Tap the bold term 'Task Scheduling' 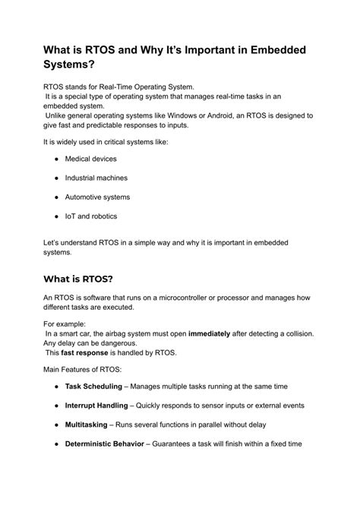(94, 387)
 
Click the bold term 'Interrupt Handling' (98, 405)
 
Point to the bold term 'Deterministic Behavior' (107, 443)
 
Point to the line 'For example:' (66, 323)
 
